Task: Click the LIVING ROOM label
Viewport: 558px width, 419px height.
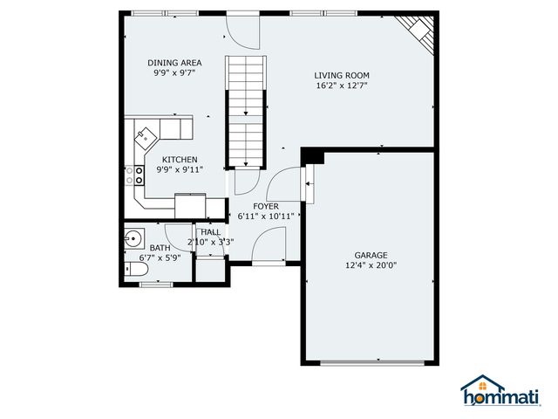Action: (342, 75)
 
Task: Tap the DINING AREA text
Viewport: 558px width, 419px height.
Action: (174, 63)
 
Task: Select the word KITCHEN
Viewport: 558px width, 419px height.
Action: (179, 159)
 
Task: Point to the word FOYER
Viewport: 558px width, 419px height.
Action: (266, 206)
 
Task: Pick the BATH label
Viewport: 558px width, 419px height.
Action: (160, 248)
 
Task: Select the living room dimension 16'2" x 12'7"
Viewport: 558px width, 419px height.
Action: (342, 86)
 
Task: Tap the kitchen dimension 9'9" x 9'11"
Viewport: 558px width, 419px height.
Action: (179, 169)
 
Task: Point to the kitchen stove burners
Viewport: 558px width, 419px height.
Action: (137, 175)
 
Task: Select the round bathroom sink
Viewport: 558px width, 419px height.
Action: (133, 238)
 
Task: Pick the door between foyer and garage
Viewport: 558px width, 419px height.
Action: (307, 183)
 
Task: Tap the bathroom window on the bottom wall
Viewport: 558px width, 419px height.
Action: (157, 284)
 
